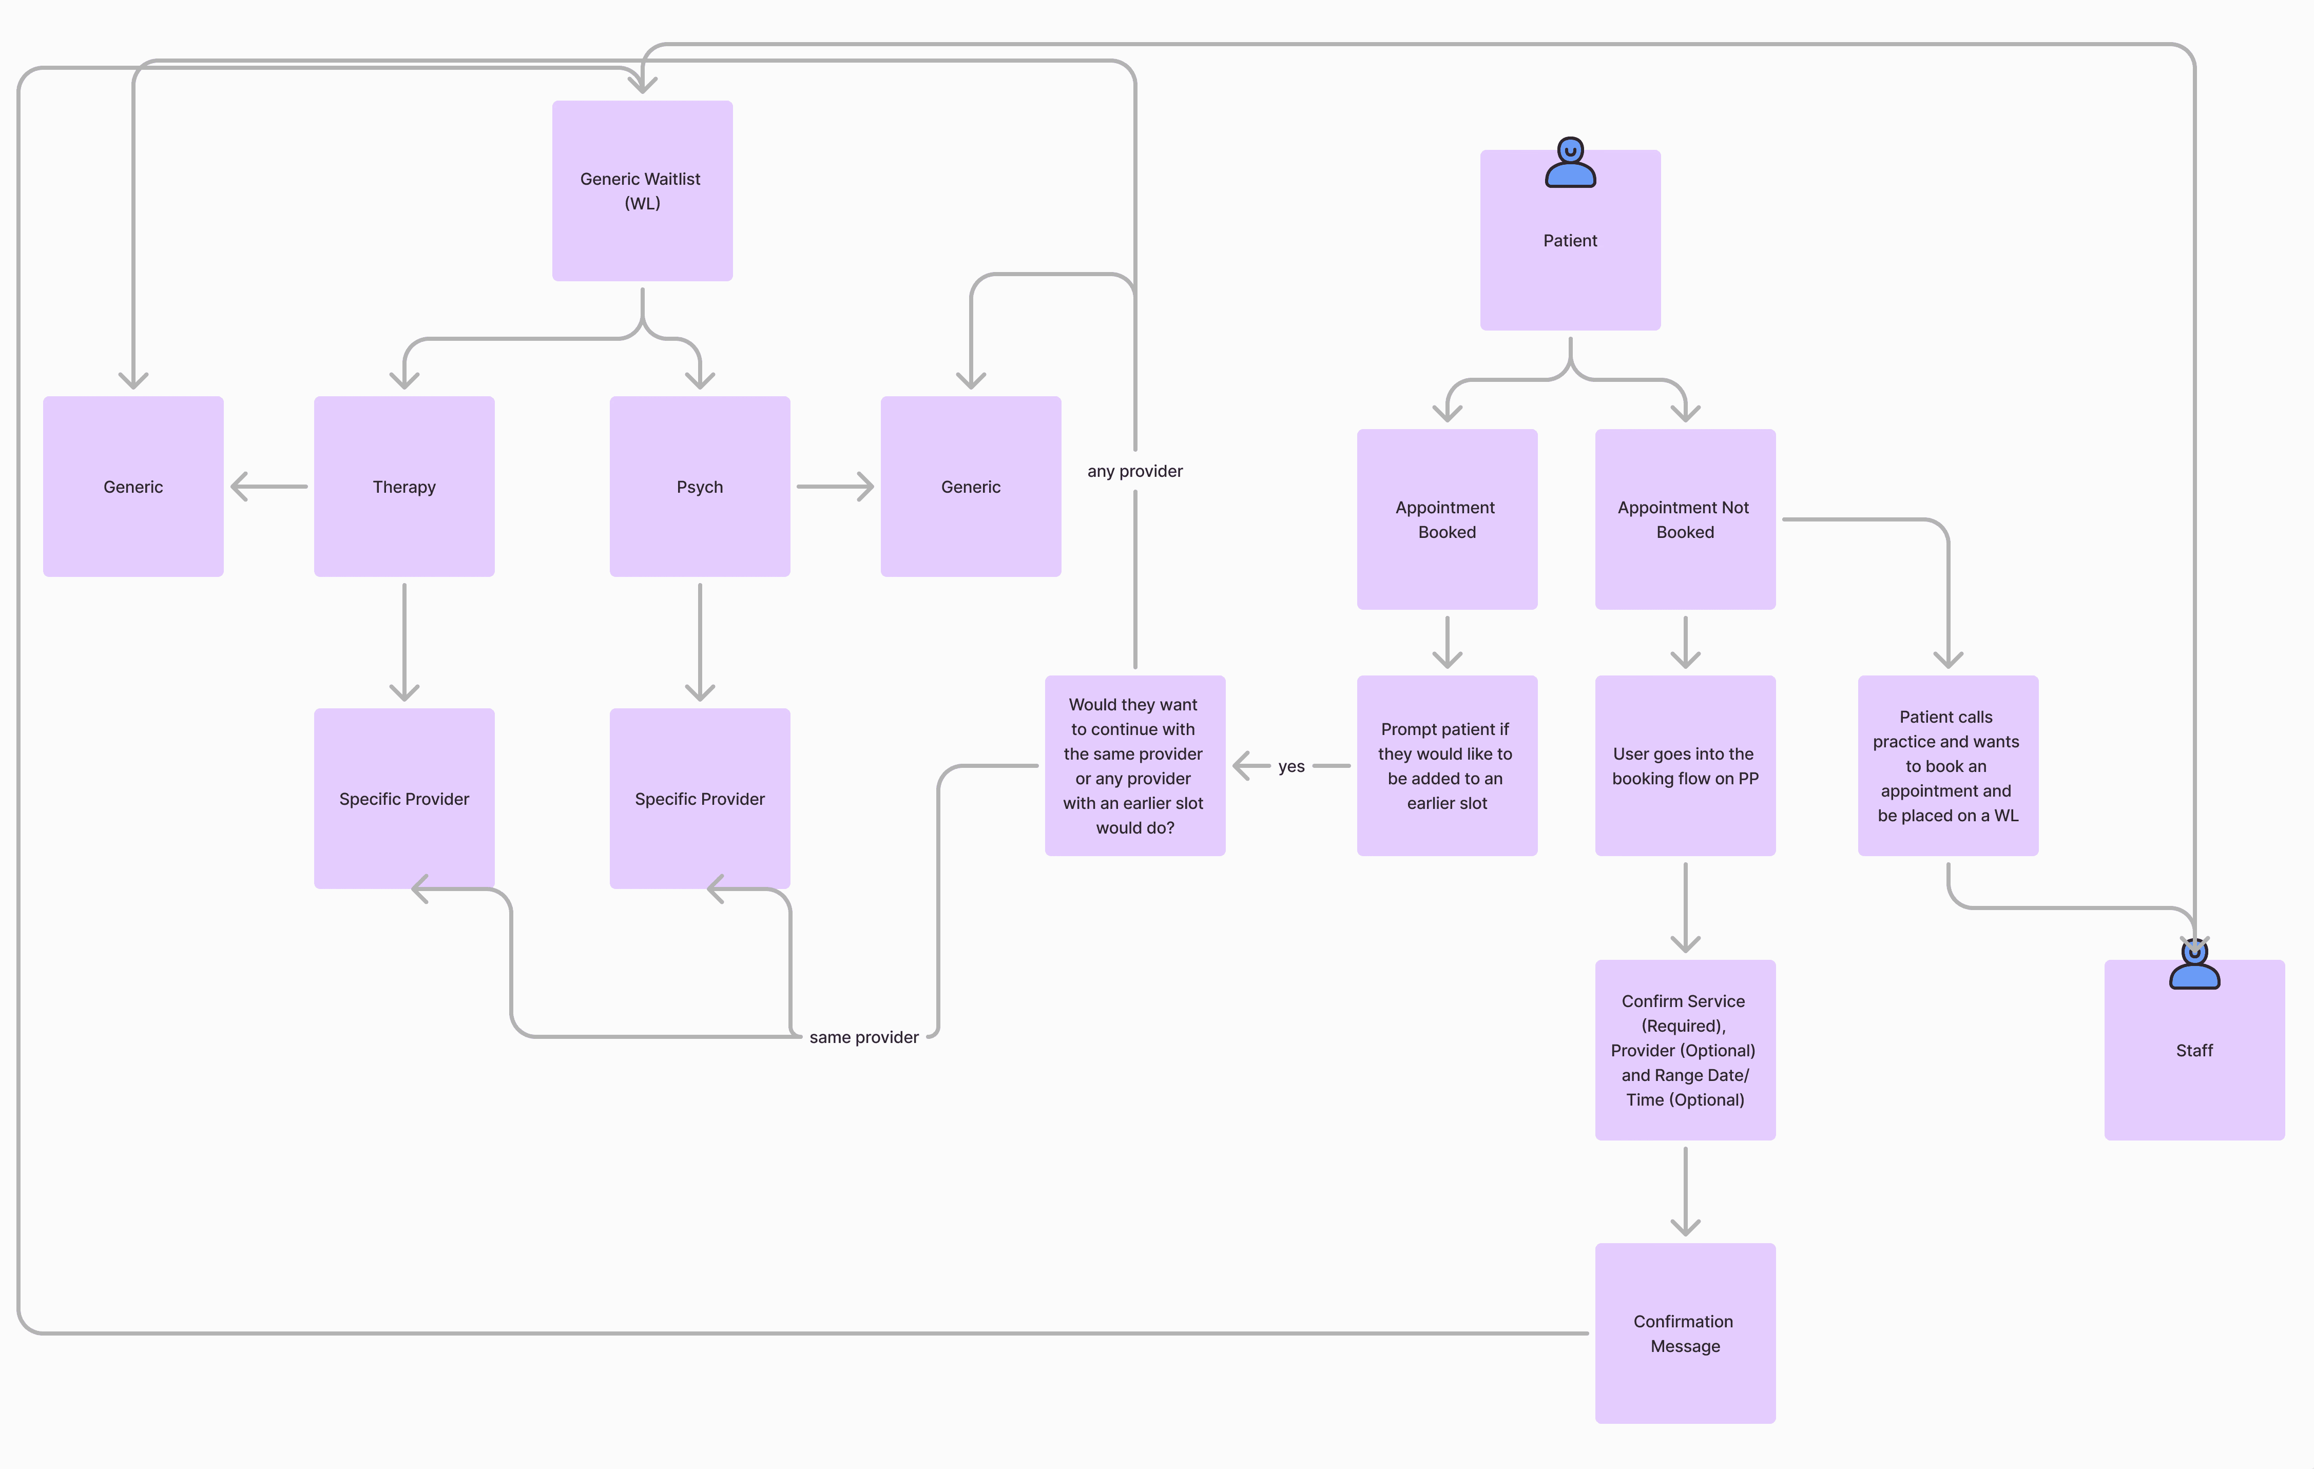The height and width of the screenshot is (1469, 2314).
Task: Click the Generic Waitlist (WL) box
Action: pyautogui.click(x=642, y=190)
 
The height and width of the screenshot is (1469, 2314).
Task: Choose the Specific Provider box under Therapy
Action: pyautogui.click(x=403, y=798)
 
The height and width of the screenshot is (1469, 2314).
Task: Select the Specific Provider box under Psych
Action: pyautogui.click(x=700, y=798)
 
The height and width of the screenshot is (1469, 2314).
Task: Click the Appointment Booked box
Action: pyautogui.click(x=1447, y=519)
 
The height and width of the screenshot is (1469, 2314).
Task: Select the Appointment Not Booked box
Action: pyautogui.click(x=1685, y=519)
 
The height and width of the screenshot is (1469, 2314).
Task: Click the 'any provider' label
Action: pyautogui.click(x=1135, y=471)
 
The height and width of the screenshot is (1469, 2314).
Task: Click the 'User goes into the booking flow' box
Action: pyautogui.click(x=1685, y=766)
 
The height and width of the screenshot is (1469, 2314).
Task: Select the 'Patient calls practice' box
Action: pyautogui.click(x=1947, y=766)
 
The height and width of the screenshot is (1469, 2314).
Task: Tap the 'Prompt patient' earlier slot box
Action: pyautogui.click(x=1447, y=766)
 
